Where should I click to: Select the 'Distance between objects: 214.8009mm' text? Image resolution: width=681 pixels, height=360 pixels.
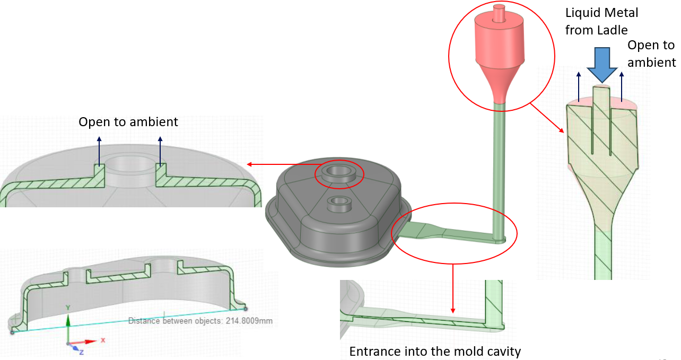(200, 321)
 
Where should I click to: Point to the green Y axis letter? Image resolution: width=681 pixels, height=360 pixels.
(67, 308)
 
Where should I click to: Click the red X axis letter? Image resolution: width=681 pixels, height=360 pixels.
(103, 340)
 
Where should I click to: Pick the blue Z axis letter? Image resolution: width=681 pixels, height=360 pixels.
(81, 352)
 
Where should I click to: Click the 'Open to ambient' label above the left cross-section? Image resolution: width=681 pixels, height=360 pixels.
(128, 122)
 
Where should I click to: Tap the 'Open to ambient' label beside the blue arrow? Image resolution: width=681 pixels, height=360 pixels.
(651, 54)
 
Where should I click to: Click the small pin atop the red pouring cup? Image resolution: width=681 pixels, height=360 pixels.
(499, 13)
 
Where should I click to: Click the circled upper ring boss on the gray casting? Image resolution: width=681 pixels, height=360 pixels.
(339, 173)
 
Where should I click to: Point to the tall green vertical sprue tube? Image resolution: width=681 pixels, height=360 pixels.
(499, 170)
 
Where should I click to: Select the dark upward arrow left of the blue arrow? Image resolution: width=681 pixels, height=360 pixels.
(579, 87)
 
